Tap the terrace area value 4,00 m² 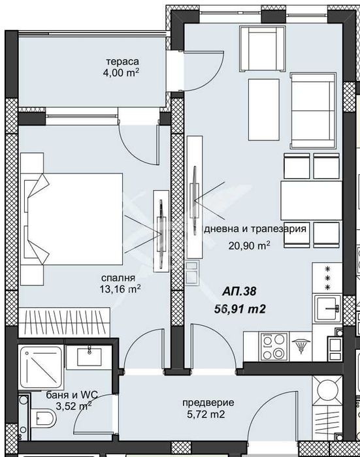123,74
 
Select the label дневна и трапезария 255,230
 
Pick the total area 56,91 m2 242,309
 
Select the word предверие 208,402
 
